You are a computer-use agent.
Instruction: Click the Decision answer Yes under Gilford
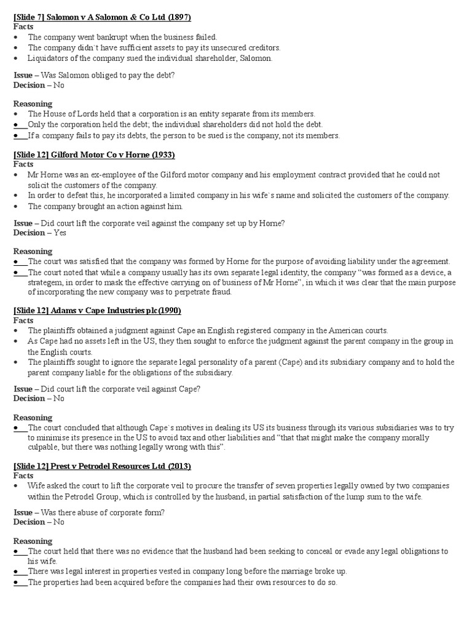pyautogui.click(x=60, y=233)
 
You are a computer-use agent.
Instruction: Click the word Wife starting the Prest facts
pyautogui.click(x=37, y=486)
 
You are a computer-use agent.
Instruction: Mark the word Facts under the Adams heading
pyautogui.click(x=23, y=320)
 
